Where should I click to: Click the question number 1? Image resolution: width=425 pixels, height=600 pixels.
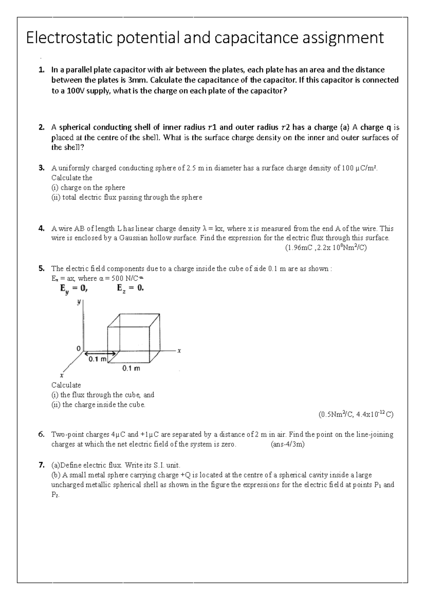coord(42,70)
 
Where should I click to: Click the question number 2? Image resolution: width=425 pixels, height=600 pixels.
coord(42,127)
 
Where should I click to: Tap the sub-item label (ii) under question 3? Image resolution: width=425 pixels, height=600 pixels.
coord(56,197)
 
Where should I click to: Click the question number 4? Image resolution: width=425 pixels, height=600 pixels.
coord(42,229)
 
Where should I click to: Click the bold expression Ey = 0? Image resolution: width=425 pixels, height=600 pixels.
coord(73,289)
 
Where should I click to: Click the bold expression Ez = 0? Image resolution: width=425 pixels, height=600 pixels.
coord(130,288)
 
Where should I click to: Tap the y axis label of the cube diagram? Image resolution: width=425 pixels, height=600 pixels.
coord(79,302)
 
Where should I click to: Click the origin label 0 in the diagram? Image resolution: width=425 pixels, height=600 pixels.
coord(78,348)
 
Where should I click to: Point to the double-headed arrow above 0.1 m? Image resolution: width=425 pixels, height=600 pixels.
coord(100,353)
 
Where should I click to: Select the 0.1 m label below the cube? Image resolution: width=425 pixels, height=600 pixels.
coord(131,368)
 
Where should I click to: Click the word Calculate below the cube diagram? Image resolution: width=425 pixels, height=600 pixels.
coord(66,385)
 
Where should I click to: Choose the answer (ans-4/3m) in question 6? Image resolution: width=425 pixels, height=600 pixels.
coord(287,444)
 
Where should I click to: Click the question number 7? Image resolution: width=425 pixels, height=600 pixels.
coord(42,465)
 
